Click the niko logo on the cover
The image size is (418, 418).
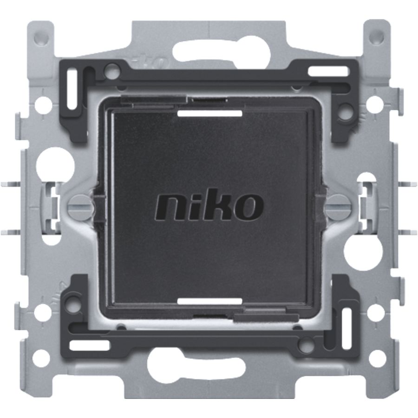coord(209,205)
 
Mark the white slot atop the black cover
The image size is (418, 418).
coord(210,113)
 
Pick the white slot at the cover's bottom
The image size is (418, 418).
coord(210,301)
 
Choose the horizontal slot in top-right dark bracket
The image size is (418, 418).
coord(329,72)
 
